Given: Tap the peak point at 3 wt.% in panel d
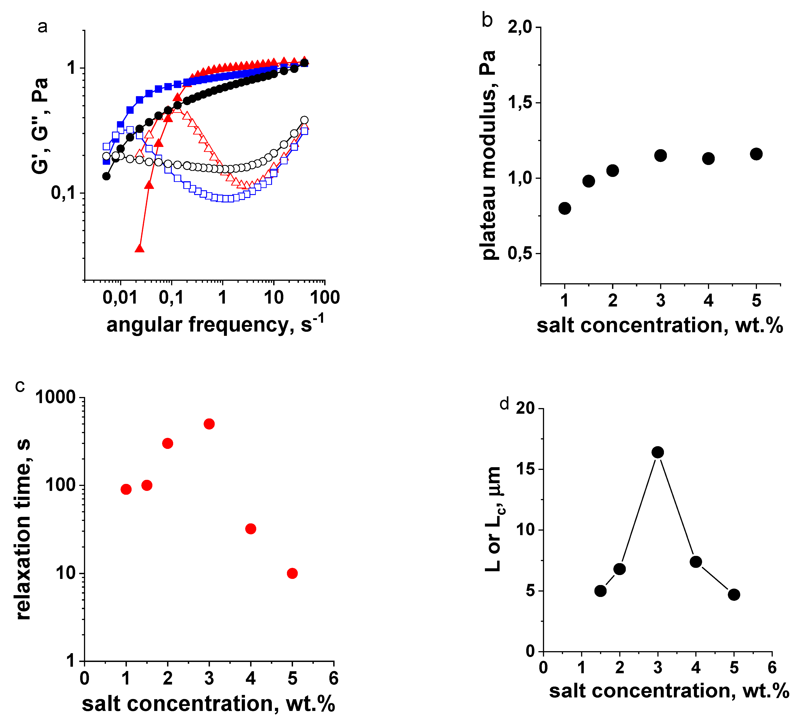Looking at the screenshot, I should pos(657,452).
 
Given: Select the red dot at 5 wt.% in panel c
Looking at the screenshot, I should pos(292,573).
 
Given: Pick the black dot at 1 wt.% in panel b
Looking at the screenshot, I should pos(565,208).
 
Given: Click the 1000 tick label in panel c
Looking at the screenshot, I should pos(55,397).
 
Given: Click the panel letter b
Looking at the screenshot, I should pos(487,20).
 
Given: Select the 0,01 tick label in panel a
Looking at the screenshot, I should pos(120,297).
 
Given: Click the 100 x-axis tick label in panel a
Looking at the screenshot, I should pos(325,297).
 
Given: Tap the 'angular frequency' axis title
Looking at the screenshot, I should pos(215,325).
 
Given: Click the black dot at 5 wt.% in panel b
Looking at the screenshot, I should pos(756,154).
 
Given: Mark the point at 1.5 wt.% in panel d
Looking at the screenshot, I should pos(600,591).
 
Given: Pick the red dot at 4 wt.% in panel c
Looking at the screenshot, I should pos(251,529).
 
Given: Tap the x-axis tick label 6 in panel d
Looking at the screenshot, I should pos(772,668).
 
